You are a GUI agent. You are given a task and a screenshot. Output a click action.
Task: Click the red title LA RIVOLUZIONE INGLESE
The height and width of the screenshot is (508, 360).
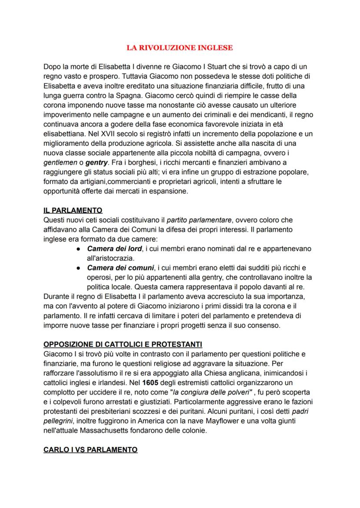(x=180, y=48)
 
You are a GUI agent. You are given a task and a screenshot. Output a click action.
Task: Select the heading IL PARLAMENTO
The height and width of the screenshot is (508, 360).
(x=73, y=210)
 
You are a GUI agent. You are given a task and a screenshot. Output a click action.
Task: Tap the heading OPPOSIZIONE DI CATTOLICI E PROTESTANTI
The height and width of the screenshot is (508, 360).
(x=123, y=345)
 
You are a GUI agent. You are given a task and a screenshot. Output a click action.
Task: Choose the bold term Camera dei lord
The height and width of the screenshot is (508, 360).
(x=111, y=249)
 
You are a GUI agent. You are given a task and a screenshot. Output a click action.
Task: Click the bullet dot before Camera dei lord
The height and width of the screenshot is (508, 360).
(x=77, y=249)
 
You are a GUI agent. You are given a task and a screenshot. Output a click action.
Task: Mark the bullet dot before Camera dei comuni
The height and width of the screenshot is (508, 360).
(x=77, y=268)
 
